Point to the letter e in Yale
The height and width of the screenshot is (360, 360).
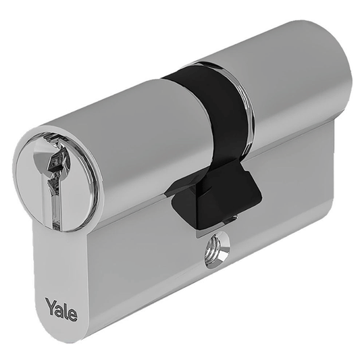72,313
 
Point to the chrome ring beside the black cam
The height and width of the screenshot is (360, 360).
245,95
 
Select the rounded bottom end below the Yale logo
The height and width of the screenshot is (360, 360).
61,334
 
